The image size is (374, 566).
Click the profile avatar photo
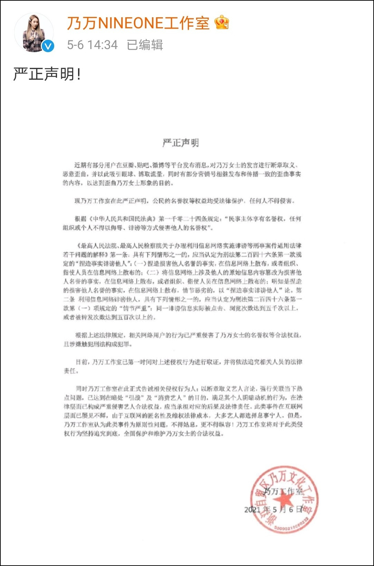33,33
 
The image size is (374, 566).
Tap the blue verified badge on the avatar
48,46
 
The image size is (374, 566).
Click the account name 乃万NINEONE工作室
138,23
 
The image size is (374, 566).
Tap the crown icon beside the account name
221,23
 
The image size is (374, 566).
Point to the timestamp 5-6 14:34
92,45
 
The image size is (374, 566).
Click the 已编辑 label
145,45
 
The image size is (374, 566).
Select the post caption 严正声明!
47,74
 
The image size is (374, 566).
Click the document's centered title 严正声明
181,143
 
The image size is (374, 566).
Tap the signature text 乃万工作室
283,491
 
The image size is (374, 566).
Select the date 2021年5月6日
273,510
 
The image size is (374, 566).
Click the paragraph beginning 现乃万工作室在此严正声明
183,201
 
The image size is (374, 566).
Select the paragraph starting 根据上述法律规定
183,339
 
